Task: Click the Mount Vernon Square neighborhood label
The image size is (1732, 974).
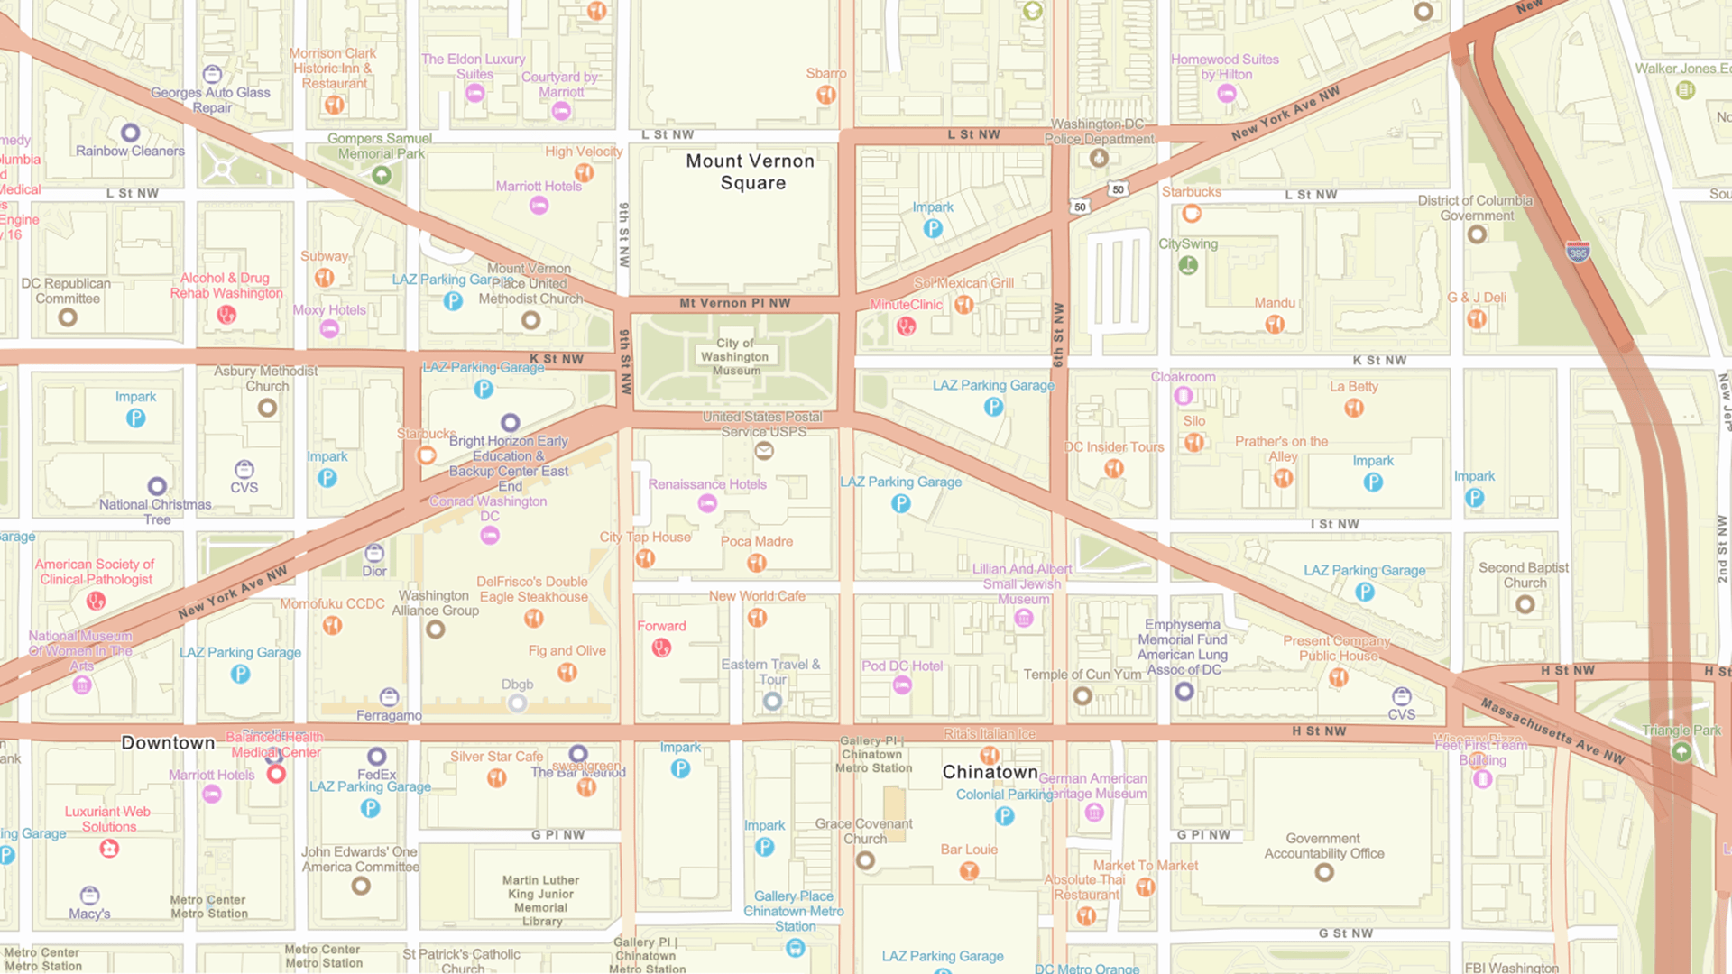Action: pyautogui.click(x=751, y=172)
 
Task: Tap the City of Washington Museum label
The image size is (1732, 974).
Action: pyautogui.click(x=736, y=357)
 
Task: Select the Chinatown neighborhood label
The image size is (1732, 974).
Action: pyautogui.click(x=990, y=772)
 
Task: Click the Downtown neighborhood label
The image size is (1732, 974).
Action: pyautogui.click(x=168, y=743)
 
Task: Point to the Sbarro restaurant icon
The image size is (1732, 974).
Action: pyautogui.click(x=825, y=95)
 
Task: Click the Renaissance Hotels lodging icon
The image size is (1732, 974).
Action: pyautogui.click(x=707, y=504)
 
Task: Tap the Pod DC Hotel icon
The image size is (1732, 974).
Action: pyautogui.click(x=901, y=685)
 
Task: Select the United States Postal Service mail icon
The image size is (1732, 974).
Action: pyautogui.click(x=764, y=451)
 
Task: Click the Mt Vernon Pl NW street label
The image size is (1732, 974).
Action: pyautogui.click(x=734, y=303)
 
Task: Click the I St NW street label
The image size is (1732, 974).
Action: pyautogui.click(x=1334, y=524)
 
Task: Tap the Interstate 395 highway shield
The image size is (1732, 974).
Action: pyautogui.click(x=1578, y=253)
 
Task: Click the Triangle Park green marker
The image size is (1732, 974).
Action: pyautogui.click(x=1681, y=751)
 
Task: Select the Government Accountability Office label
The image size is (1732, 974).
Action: pyautogui.click(x=1323, y=846)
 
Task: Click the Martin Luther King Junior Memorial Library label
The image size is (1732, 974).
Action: pyautogui.click(x=541, y=900)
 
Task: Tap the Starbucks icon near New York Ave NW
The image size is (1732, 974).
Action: pyautogui.click(x=1192, y=214)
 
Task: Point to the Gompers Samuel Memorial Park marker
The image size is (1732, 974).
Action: pyautogui.click(x=382, y=175)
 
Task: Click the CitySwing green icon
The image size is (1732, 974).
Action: pyautogui.click(x=1188, y=265)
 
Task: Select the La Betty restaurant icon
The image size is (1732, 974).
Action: pyautogui.click(x=1353, y=408)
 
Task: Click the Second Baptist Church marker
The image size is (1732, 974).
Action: pyautogui.click(x=1525, y=604)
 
